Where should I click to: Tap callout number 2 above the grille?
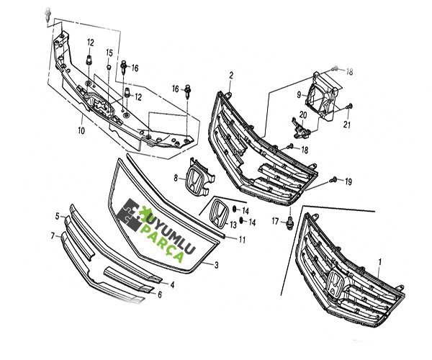coord(231,76)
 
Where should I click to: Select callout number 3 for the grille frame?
coord(216,265)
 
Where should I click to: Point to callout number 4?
coord(172,284)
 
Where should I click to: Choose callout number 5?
coord(57,216)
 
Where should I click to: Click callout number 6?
coord(159,294)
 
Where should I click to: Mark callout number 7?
coord(53,235)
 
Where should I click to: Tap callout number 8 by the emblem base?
coord(175,177)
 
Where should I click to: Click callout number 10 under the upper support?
coord(81,131)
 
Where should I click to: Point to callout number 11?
coord(243,239)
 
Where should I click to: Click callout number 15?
coord(109,53)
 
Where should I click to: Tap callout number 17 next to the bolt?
coord(274,221)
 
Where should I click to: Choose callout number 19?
coord(348,181)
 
